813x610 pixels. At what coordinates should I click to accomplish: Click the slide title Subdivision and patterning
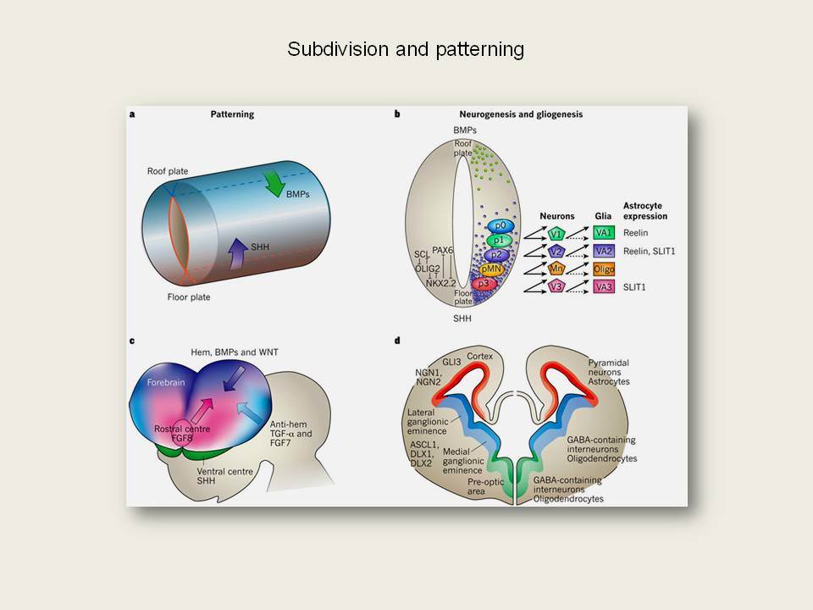(x=406, y=49)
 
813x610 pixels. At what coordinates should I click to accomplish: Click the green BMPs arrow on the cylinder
(x=274, y=184)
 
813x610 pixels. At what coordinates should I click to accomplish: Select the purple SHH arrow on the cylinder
(x=238, y=253)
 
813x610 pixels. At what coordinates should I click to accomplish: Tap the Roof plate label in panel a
(x=168, y=171)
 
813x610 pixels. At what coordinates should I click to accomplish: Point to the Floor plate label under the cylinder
(x=189, y=297)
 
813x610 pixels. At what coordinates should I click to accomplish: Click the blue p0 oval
(x=501, y=225)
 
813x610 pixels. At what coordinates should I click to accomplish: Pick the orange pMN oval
(x=491, y=269)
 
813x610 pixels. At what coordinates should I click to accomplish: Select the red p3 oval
(x=484, y=284)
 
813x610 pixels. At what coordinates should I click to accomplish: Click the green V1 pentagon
(x=556, y=234)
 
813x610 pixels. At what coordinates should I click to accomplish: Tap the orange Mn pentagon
(x=556, y=269)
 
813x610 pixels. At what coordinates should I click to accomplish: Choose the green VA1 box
(x=604, y=232)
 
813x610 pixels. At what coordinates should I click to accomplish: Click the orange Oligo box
(x=604, y=269)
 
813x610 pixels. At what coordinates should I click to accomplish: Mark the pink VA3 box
(x=604, y=287)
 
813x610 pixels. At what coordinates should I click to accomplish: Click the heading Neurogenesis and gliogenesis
(x=521, y=114)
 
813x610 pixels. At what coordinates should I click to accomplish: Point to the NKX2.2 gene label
(x=440, y=283)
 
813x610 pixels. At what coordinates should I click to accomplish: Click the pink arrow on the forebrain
(x=202, y=410)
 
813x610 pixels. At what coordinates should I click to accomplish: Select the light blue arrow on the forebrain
(x=248, y=413)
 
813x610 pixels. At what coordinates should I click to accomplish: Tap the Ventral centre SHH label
(x=224, y=476)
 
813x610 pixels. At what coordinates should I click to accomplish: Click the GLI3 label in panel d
(x=451, y=362)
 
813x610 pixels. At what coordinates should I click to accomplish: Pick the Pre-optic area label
(x=485, y=486)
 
